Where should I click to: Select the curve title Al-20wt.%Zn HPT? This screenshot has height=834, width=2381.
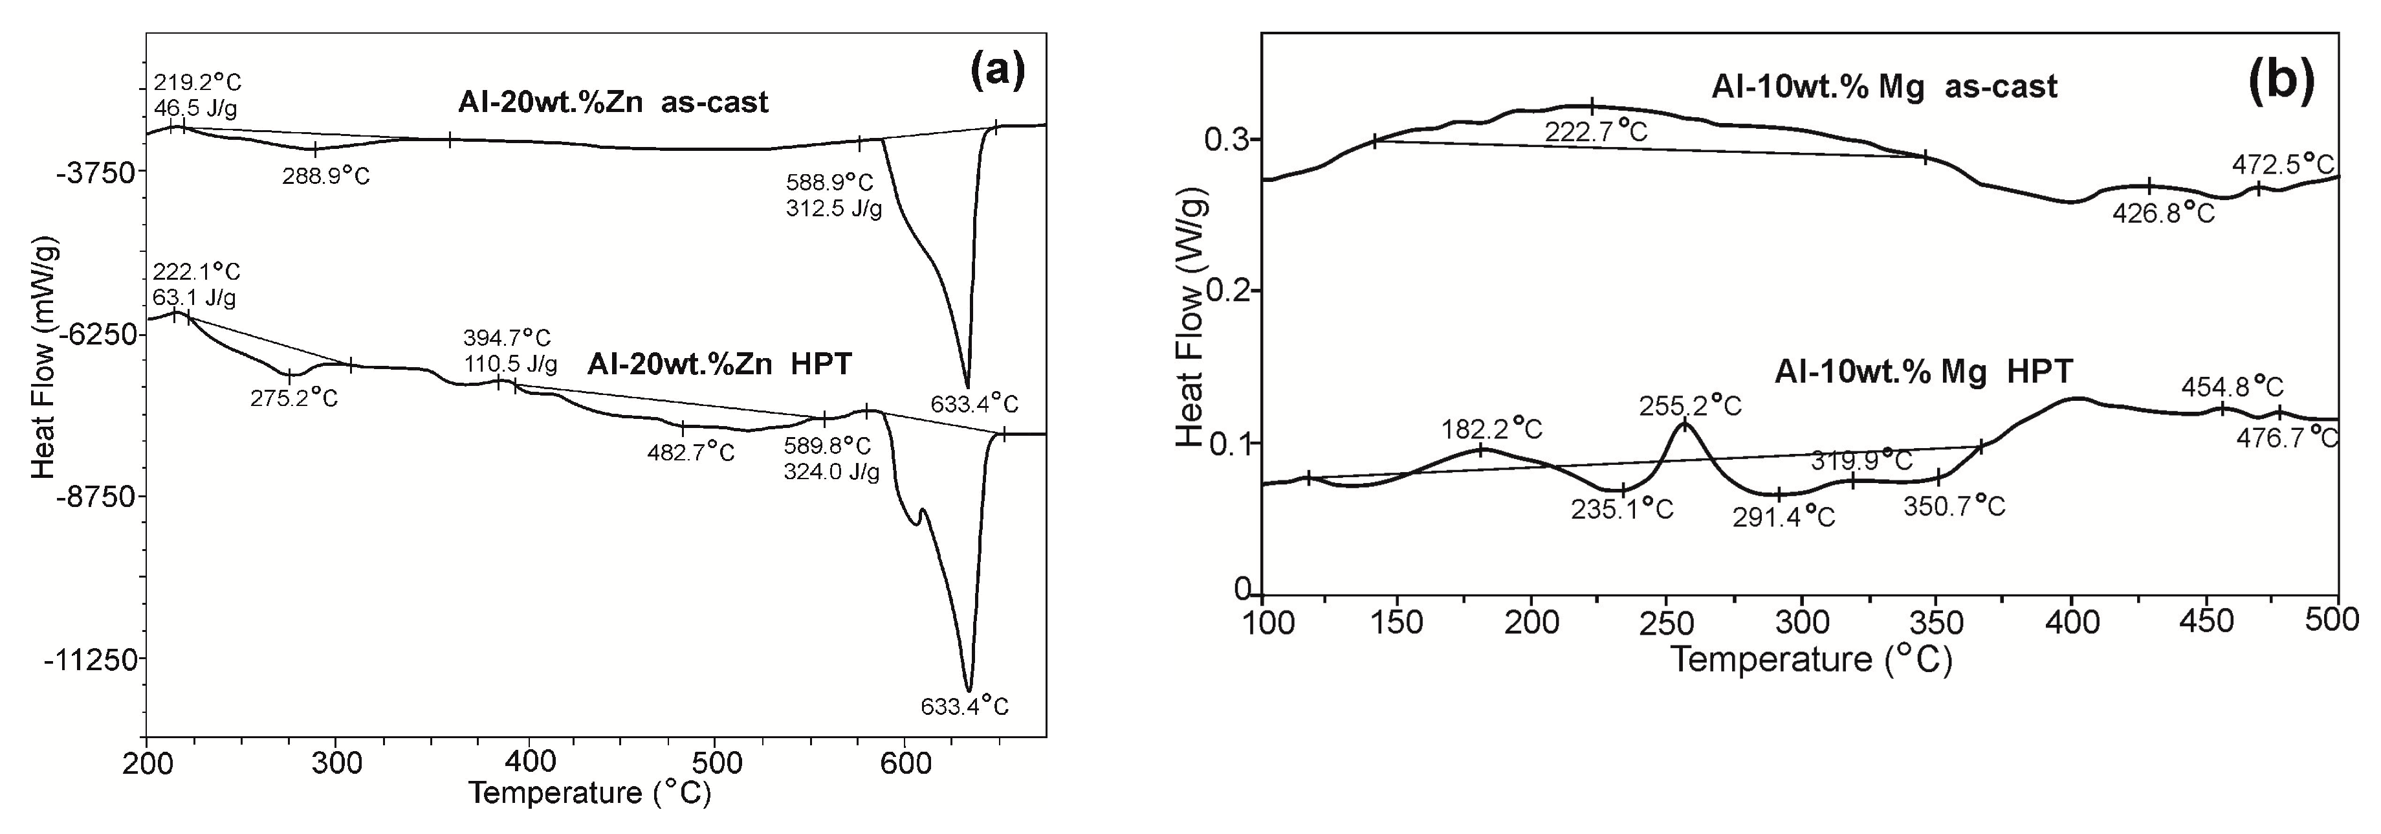(719, 365)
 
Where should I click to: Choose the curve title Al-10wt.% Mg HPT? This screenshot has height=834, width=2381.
(1924, 371)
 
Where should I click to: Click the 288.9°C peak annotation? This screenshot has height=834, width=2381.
(326, 175)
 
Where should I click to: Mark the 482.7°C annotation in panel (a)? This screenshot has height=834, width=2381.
(692, 453)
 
